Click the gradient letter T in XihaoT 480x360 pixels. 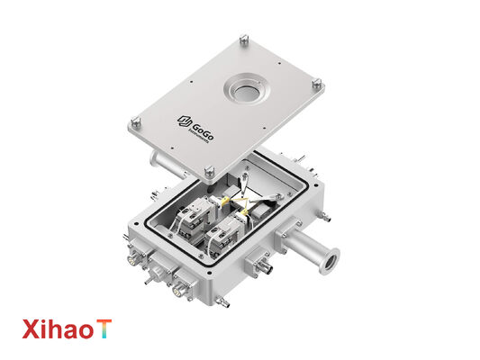[106, 329]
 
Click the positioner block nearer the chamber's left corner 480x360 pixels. [192, 217]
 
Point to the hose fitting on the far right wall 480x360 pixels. [325, 216]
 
